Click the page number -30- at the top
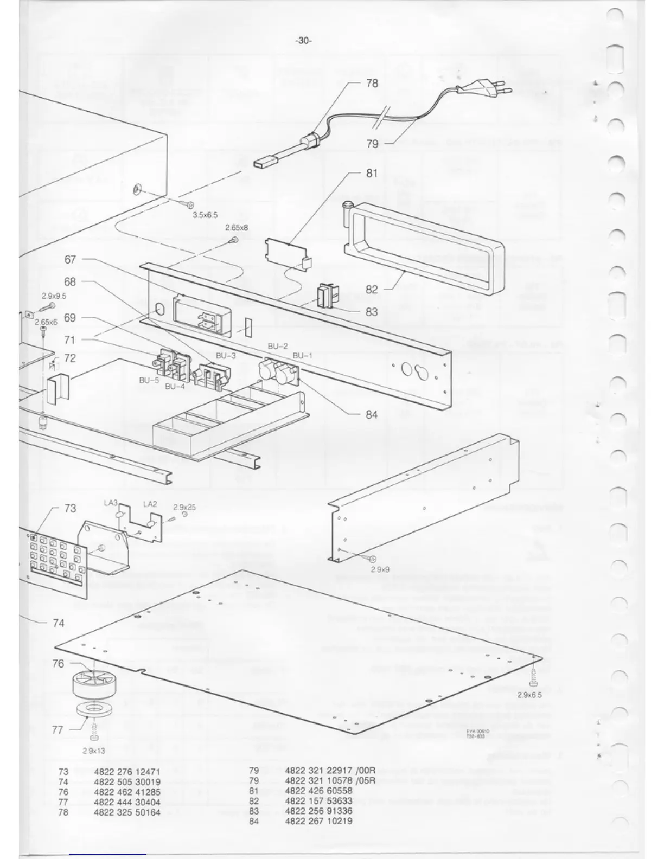tap(303, 41)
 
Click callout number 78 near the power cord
tap(372, 84)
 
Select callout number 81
tap(372, 174)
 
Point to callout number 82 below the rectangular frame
tap(372, 290)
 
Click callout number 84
tap(372, 415)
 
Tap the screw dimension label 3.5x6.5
tap(205, 215)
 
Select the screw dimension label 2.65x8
tap(237, 228)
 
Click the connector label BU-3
tap(226, 356)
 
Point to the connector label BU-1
tap(303, 356)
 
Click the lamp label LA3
tap(111, 503)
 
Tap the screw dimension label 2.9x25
tap(184, 508)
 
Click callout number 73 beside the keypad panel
tap(71, 509)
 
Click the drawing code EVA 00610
tap(477, 731)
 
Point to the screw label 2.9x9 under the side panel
tap(380, 570)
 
